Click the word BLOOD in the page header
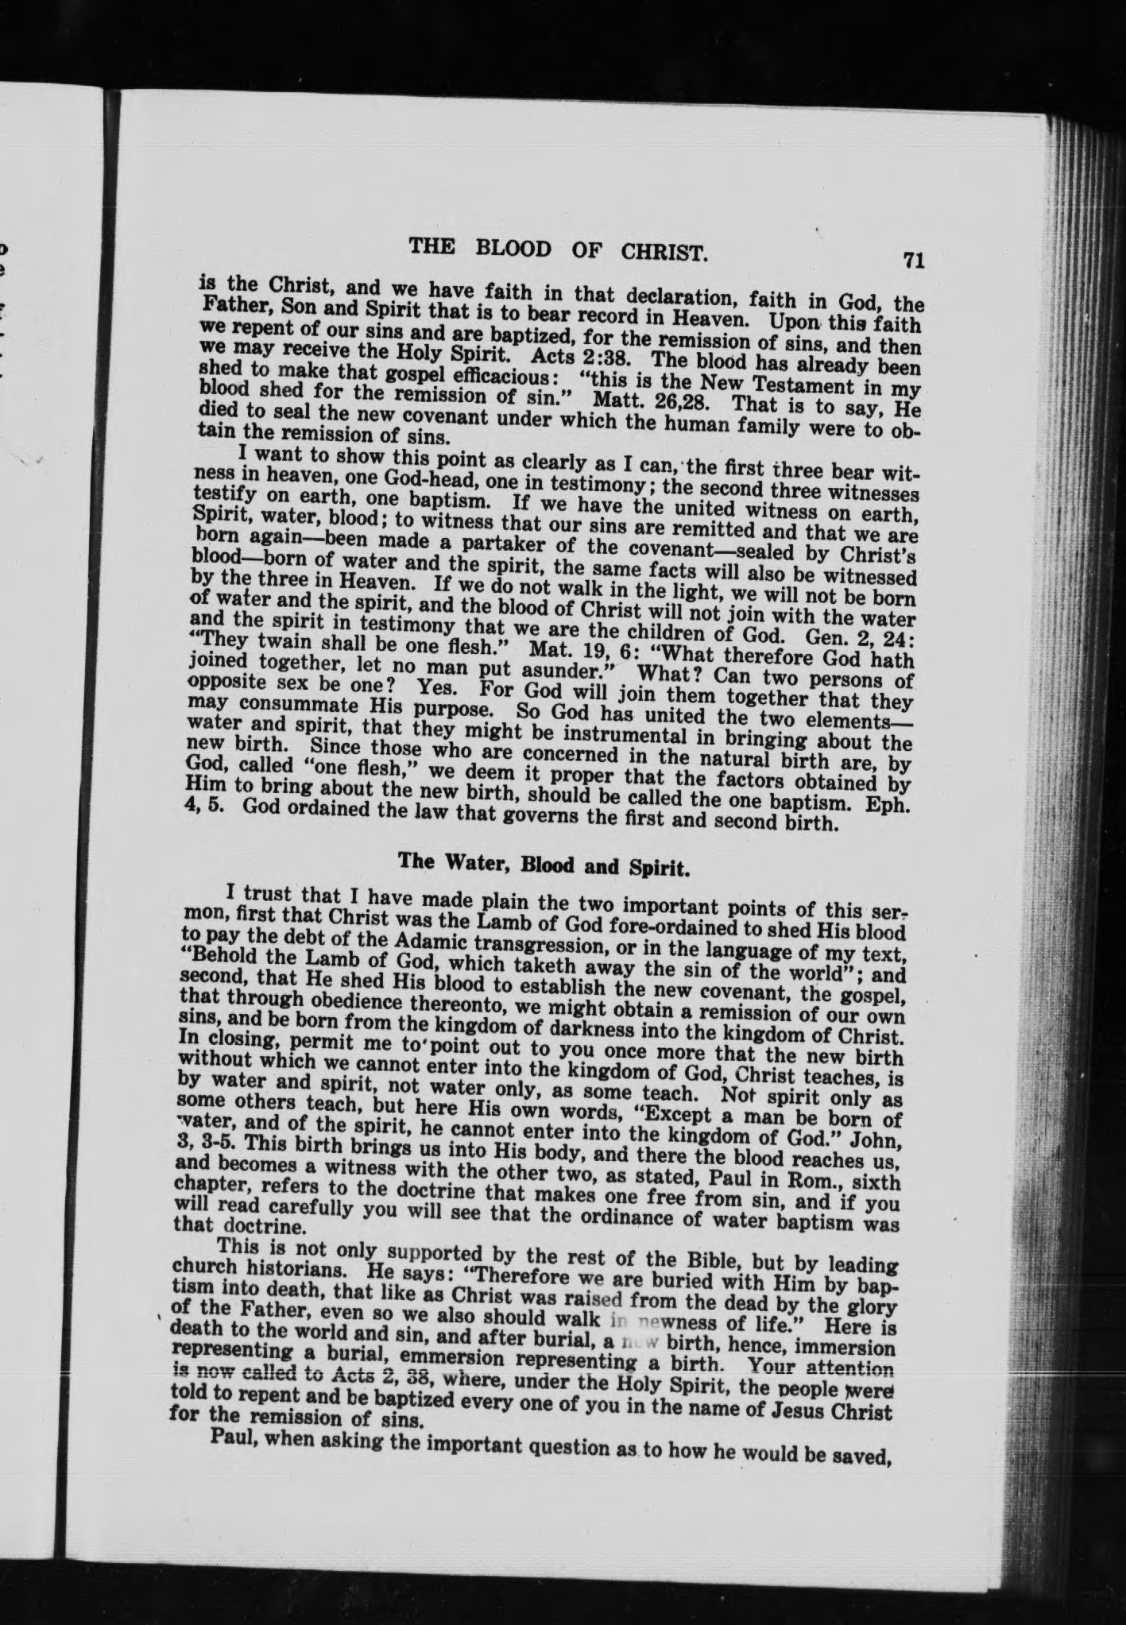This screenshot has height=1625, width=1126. [510, 250]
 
